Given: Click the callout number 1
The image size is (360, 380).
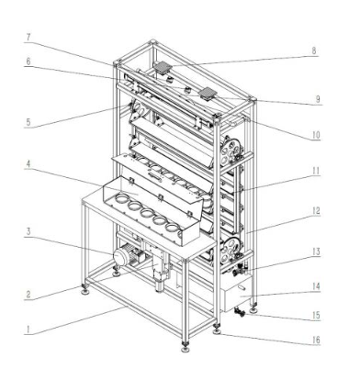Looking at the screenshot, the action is coord(28,330).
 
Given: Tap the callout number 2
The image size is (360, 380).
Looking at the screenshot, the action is coord(28,295).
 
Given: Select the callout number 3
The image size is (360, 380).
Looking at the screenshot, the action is coord(28,231).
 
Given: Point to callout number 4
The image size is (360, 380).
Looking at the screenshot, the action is coord(28,164).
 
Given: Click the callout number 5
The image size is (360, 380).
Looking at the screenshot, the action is coord(28,122).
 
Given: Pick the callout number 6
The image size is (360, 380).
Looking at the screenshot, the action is coord(28,61).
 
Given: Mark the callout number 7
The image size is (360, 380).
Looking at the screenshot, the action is coord(28,38).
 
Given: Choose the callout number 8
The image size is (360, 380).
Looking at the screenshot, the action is coord(314,50).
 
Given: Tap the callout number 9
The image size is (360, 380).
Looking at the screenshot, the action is coord(318,99).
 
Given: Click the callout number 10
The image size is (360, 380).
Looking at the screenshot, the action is coord(316,135).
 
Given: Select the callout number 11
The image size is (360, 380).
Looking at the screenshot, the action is coord(316,171).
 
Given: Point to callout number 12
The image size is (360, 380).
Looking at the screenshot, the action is coord(316,211).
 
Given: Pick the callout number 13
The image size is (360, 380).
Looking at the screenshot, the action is coord(316,251).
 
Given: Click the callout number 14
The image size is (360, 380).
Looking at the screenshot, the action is coord(316,286).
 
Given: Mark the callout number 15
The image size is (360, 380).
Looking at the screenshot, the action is coord(316,315).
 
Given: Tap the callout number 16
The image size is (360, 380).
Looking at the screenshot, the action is coord(316,340).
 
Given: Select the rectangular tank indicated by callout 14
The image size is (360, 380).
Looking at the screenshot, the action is coord(236,293).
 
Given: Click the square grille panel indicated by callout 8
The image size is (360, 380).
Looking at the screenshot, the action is coord(163,67).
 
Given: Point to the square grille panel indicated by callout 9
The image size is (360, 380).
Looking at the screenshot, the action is coord(208,93).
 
